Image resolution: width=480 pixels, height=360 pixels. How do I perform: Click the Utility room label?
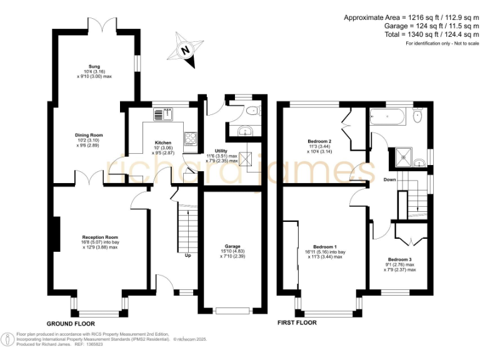tap(221, 151)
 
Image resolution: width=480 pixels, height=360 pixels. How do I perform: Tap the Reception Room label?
tap(100, 237)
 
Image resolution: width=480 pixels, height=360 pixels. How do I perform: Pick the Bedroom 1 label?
tap(325, 247)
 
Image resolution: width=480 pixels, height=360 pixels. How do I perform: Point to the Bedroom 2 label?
tap(319, 141)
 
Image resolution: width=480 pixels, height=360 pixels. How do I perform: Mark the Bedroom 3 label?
tap(400, 259)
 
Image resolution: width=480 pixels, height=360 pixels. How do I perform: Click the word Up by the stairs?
tap(187, 255)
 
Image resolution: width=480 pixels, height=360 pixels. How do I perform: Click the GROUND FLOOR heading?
tap(71, 323)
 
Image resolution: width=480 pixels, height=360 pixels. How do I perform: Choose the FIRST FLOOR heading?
tap(297, 323)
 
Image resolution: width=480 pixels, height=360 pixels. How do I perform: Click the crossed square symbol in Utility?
tap(246, 159)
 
